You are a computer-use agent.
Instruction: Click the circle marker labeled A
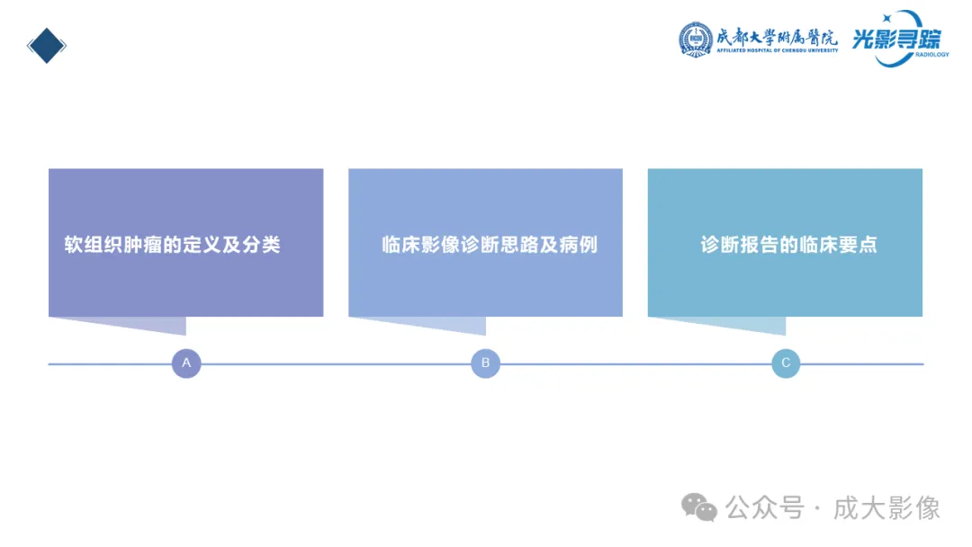pyautogui.click(x=186, y=363)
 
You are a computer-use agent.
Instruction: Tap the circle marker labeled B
pyautogui.click(x=485, y=363)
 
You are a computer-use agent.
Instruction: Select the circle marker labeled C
pyautogui.click(x=786, y=363)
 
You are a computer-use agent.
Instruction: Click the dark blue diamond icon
pyautogui.click(x=47, y=46)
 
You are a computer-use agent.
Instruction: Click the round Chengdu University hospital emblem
pyautogui.click(x=696, y=39)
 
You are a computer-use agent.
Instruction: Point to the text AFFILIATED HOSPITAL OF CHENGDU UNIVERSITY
pyautogui.click(x=777, y=51)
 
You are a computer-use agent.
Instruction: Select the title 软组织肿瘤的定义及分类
pyautogui.click(x=173, y=245)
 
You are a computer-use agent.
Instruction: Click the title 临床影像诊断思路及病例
pyautogui.click(x=490, y=245)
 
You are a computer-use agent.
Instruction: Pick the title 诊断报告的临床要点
pyautogui.click(x=788, y=245)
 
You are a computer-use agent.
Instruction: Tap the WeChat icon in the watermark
pyautogui.click(x=699, y=508)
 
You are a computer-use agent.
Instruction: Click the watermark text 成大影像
pyautogui.click(x=886, y=508)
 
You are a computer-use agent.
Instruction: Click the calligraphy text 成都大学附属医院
pyautogui.click(x=777, y=36)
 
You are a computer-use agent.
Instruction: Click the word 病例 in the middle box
pyautogui.click(x=579, y=245)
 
